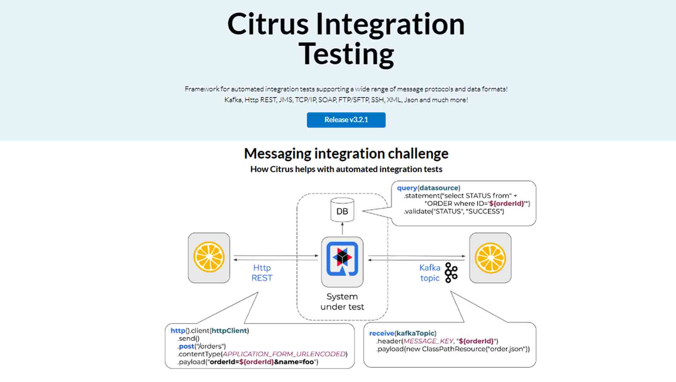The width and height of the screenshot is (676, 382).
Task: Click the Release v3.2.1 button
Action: click(346, 120)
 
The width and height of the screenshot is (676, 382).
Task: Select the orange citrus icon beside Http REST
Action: click(209, 257)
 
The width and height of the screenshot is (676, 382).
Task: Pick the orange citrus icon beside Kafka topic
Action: click(490, 257)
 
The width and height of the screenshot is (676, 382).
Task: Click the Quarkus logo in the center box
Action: click(342, 259)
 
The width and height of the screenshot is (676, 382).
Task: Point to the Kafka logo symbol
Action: click(451, 273)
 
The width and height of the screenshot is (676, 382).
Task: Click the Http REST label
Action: click(262, 273)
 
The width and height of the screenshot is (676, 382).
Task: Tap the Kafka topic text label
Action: click(430, 273)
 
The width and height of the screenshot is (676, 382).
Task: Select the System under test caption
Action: click(342, 301)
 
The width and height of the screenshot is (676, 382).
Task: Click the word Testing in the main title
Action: click(346, 54)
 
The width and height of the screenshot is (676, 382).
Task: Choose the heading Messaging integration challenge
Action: click(346, 154)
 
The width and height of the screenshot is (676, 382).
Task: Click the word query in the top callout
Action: click(407, 188)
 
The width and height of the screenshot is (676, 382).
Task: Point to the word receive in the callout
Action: click(381, 333)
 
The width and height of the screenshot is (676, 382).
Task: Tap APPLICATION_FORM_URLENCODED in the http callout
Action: click(284, 354)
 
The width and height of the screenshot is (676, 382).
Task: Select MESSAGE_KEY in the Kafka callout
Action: click(428, 341)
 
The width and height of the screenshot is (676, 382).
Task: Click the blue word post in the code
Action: click(187, 346)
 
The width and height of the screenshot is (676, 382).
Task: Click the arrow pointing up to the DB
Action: click(342, 229)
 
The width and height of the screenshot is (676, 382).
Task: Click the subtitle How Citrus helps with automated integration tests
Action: click(346, 169)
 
